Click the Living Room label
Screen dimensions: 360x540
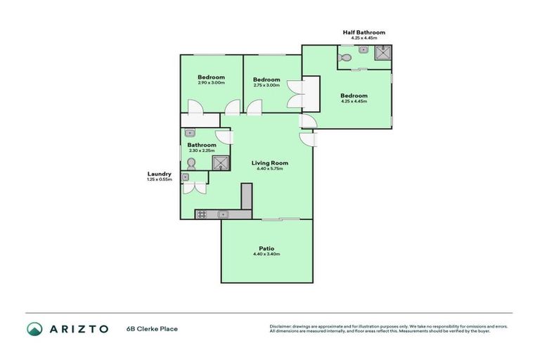pos(270,163)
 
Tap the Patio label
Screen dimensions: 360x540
pos(266,247)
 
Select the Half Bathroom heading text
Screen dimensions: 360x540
pos(364,32)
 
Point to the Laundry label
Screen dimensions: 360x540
pos(160,174)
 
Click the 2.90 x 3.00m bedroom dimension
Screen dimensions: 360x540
pos(211,83)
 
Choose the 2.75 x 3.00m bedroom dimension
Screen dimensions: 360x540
pos(266,85)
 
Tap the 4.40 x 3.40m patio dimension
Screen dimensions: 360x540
pos(266,254)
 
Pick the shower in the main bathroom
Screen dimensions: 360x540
pos(221,163)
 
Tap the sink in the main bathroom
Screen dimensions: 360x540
pos(190,133)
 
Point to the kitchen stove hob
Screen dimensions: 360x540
pos(201,214)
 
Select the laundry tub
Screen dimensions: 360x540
pos(186,177)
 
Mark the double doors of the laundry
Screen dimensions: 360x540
pos(194,188)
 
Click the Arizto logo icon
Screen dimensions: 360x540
pos(34,328)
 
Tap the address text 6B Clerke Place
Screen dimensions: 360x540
pos(152,328)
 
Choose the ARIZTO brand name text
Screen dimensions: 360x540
pos(78,328)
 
